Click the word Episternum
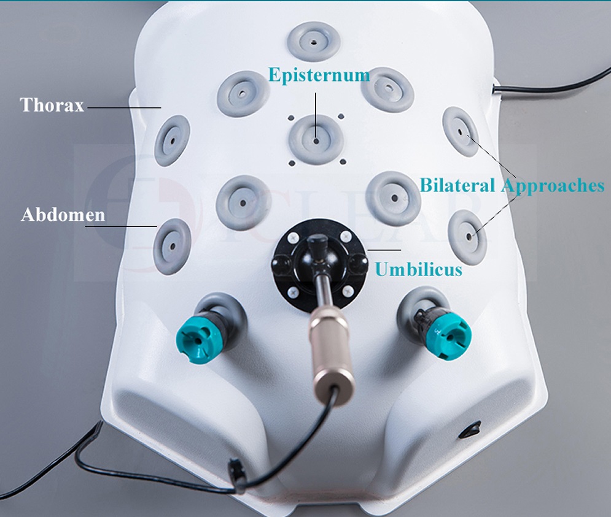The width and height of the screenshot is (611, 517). [319, 75]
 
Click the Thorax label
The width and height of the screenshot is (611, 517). [52, 105]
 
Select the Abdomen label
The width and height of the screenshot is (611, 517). [63, 215]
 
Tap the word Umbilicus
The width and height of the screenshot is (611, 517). [419, 269]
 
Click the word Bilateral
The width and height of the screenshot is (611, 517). [458, 185]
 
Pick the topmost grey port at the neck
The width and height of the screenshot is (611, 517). [314, 42]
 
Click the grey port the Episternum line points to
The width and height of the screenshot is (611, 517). [316, 140]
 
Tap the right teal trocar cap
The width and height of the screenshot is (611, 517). [448, 333]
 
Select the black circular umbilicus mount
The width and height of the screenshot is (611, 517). [319, 264]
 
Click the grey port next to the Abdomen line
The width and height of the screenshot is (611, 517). [172, 247]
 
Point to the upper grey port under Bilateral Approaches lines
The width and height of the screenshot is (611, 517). [460, 132]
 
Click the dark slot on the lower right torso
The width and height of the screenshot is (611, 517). [471, 430]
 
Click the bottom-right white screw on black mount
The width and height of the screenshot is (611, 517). [346, 290]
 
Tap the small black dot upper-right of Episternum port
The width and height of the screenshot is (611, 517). [341, 116]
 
